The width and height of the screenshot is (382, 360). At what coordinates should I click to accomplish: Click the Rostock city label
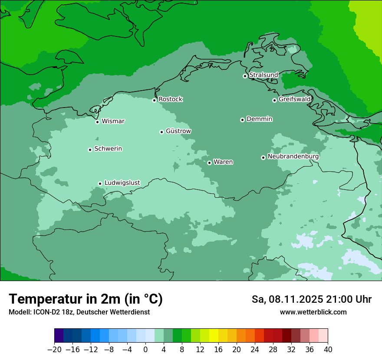click(x=170, y=99)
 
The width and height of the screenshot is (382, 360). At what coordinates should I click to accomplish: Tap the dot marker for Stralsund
click(x=245, y=76)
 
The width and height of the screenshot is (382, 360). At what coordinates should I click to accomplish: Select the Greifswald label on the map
click(x=294, y=99)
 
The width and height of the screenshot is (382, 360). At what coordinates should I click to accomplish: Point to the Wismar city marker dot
click(x=98, y=122)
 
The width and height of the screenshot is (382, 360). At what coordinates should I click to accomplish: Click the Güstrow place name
click(x=178, y=131)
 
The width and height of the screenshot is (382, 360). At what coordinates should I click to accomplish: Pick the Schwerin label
click(x=108, y=149)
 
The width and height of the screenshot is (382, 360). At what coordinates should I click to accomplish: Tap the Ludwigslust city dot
click(x=100, y=183)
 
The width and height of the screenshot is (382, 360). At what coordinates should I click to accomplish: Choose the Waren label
click(x=223, y=162)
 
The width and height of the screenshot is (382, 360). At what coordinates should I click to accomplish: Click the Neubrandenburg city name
click(x=293, y=157)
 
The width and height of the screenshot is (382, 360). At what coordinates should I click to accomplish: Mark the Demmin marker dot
click(x=242, y=120)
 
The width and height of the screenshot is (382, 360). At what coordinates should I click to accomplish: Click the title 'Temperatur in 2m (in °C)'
click(x=86, y=299)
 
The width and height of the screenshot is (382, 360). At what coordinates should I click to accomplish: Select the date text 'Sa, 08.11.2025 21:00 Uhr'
click(x=311, y=299)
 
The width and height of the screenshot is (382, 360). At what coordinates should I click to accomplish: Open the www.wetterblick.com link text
click(x=313, y=312)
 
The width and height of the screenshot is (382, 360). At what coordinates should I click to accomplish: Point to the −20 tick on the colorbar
click(x=54, y=350)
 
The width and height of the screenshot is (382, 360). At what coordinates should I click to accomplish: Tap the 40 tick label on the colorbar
click(x=328, y=350)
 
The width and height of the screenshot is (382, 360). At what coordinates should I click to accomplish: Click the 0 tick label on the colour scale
click(x=145, y=350)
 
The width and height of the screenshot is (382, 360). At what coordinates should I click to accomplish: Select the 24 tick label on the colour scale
click(x=255, y=350)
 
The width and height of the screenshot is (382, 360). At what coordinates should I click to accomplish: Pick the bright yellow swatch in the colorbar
click(x=214, y=336)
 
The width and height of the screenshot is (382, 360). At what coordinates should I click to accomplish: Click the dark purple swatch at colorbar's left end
click(x=59, y=336)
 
